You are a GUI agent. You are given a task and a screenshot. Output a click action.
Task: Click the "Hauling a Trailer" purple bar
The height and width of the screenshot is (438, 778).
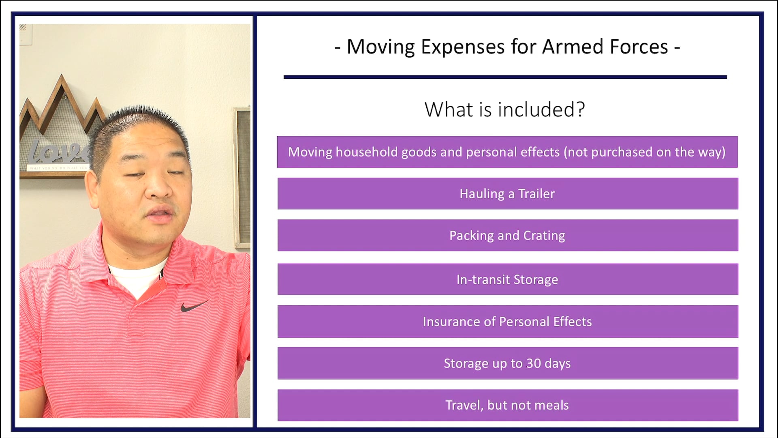[507, 193]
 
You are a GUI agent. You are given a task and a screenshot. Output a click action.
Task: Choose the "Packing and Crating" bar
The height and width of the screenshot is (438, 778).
[507, 235]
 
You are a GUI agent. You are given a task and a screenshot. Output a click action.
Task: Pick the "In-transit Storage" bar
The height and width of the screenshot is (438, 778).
[507, 279]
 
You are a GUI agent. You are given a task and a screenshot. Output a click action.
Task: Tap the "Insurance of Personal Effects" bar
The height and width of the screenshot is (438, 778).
[507, 321]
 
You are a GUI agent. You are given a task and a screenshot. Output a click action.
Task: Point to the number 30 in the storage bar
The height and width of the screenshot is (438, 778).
[533, 363]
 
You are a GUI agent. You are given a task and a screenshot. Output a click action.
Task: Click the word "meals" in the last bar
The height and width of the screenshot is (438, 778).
[551, 405]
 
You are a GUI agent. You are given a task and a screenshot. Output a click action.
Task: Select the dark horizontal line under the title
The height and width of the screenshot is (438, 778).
[505, 77]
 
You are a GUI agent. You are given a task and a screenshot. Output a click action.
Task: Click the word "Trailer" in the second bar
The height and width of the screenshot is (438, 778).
[536, 194]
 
